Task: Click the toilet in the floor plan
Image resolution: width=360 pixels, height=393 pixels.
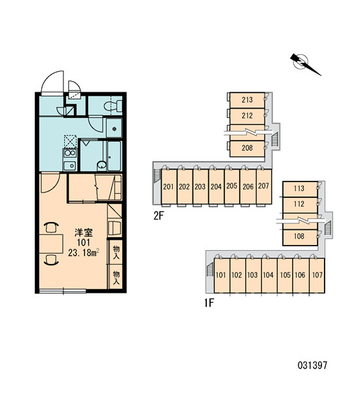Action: [x=113, y=106]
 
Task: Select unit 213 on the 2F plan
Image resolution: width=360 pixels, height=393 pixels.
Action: [x=247, y=100]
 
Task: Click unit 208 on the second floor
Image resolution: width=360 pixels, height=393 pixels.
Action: [x=247, y=149]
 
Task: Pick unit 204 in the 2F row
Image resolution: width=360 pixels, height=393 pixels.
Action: [x=216, y=187]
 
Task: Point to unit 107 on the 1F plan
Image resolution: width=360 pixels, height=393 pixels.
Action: [x=317, y=275]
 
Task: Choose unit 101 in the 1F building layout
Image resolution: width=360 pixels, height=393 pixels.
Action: [x=221, y=275]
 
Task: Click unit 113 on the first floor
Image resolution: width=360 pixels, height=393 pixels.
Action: [x=300, y=189]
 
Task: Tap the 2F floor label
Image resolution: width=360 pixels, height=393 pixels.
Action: [x=158, y=215]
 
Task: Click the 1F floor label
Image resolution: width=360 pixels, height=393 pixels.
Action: [x=209, y=303]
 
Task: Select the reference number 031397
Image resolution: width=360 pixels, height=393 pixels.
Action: [x=312, y=365]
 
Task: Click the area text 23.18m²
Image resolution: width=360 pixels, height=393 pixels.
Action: [x=84, y=252]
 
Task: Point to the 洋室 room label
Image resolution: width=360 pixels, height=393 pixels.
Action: [x=83, y=233]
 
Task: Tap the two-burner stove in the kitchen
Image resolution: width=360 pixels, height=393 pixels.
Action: [x=69, y=153]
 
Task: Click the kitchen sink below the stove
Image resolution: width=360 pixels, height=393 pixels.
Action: [x=69, y=166]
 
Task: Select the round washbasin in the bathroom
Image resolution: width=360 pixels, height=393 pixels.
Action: [x=101, y=165]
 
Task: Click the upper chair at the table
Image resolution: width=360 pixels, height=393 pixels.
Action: [x=51, y=227]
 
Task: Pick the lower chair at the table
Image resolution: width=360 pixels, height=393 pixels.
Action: [x=51, y=259]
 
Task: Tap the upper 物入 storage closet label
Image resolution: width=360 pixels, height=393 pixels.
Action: [x=116, y=253]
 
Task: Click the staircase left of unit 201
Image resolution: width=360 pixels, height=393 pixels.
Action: [x=157, y=175]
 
